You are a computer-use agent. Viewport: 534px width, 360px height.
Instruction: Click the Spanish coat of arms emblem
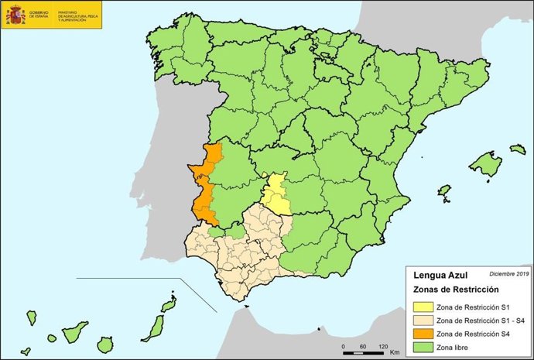click(x=15, y=14)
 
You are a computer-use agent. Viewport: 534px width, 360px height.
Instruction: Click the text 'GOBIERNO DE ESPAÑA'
click(x=39, y=14)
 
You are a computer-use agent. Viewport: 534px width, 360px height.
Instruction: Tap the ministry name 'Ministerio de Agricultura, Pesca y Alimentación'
click(x=77, y=14)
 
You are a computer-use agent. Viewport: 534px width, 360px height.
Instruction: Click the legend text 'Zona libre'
click(x=462, y=346)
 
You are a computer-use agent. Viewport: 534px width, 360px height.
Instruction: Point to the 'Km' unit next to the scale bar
click(x=395, y=352)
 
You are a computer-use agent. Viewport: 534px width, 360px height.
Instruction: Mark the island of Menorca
click(x=517, y=149)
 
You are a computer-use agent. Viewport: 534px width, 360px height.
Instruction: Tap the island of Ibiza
click(x=444, y=190)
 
